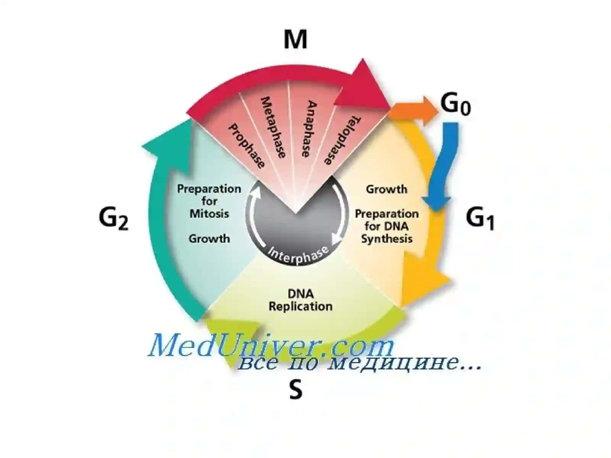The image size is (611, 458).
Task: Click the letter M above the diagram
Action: coord(295,40)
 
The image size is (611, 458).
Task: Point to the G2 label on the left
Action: coord(113,219)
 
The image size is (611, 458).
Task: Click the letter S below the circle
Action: coord(296,390)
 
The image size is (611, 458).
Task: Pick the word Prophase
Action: coord(246,146)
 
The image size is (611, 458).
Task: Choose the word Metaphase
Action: coord(273,127)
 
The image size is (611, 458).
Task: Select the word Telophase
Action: coord(343,140)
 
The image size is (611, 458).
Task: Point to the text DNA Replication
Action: coord(301,300)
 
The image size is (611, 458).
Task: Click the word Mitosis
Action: coord(209,214)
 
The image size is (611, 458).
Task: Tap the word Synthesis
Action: coord(386,239)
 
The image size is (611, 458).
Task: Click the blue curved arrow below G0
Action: coord(443,164)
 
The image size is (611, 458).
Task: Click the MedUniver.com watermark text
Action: coord(271,346)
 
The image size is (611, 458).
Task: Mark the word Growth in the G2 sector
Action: coord(209,239)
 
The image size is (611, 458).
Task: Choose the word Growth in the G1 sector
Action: coord(386,189)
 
